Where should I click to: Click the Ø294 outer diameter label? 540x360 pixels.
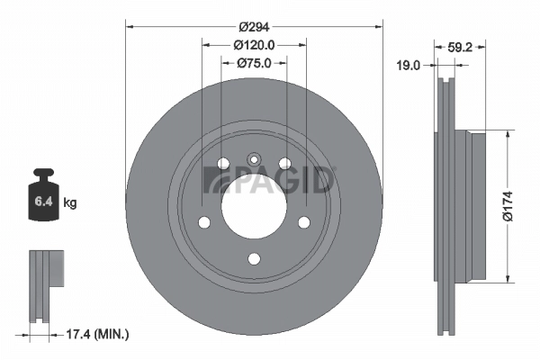pyautogui.click(x=254, y=26)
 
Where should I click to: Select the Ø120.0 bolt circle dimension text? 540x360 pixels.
pyautogui.click(x=254, y=44)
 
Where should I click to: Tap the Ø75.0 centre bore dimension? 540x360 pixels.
pyautogui.click(x=254, y=63)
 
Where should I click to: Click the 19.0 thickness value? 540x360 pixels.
pyautogui.click(x=410, y=64)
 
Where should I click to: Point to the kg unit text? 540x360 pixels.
pyautogui.click(x=70, y=203)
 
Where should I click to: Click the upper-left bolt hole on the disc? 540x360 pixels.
pyautogui.click(x=222, y=164)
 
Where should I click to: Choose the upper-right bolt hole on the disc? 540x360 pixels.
pyautogui.click(x=284, y=164)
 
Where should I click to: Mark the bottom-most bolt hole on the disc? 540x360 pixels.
pyautogui.click(x=254, y=259)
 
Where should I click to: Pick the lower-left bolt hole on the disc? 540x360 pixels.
pyautogui.click(x=203, y=222)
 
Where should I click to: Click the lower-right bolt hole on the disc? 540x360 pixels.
pyautogui.click(x=304, y=222)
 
